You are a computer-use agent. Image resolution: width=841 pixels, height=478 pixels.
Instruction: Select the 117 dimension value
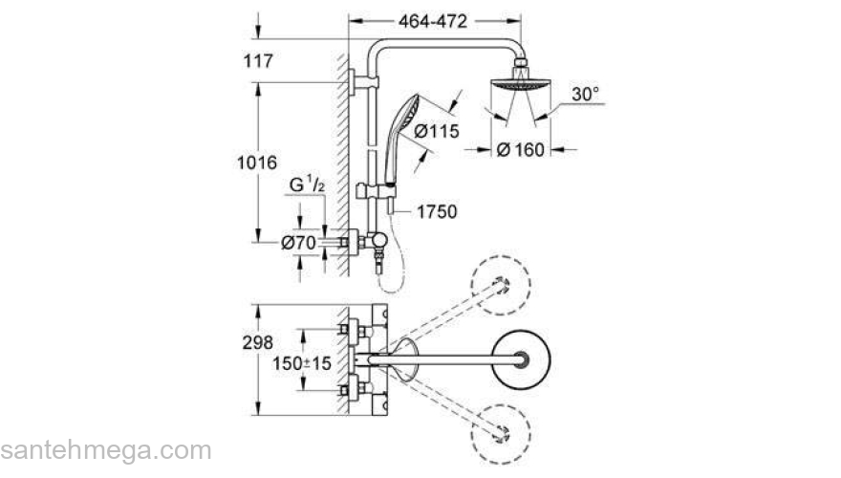point(259,62)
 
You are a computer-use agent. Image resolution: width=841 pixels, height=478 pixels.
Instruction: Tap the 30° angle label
point(585,95)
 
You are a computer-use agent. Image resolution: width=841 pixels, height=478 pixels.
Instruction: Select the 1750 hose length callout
point(437,212)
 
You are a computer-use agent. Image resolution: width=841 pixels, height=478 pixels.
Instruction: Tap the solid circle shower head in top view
point(520,359)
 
